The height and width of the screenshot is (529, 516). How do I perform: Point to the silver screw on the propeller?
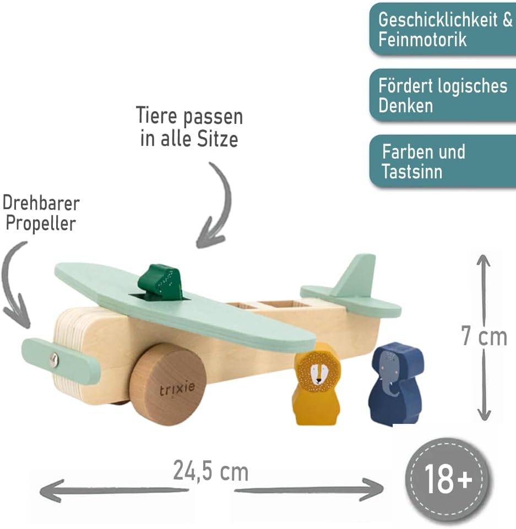pyautogui.click(x=53, y=359)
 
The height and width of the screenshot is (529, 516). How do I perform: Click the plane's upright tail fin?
pyautogui.click(x=355, y=275)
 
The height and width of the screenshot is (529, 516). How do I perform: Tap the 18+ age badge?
pyautogui.click(x=447, y=479)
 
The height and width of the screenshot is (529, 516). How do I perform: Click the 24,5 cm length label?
pyautogui.click(x=211, y=471)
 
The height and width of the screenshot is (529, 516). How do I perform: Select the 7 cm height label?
pyautogui.click(x=484, y=336)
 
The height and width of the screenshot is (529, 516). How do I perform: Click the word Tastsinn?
pyautogui.click(x=412, y=171)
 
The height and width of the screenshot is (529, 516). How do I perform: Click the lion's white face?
pyautogui.click(x=317, y=374)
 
